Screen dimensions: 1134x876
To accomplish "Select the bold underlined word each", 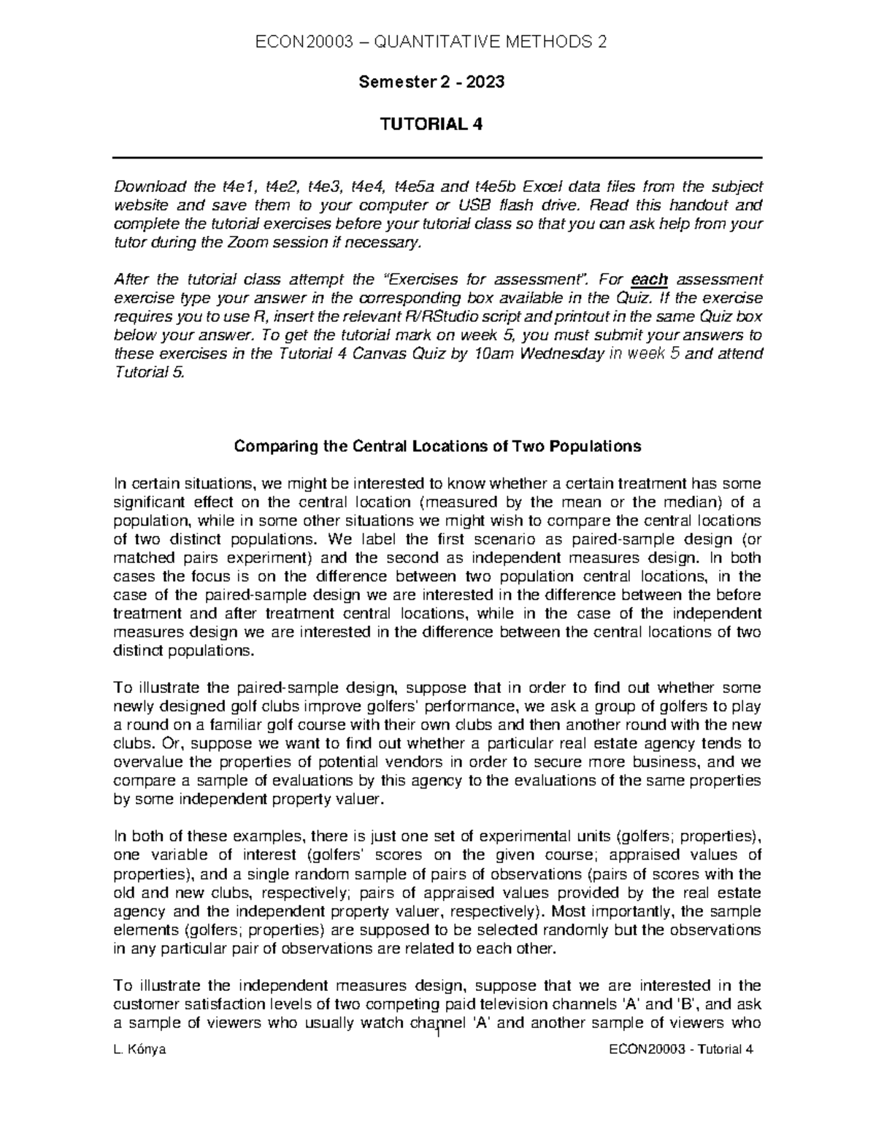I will click(649, 279).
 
